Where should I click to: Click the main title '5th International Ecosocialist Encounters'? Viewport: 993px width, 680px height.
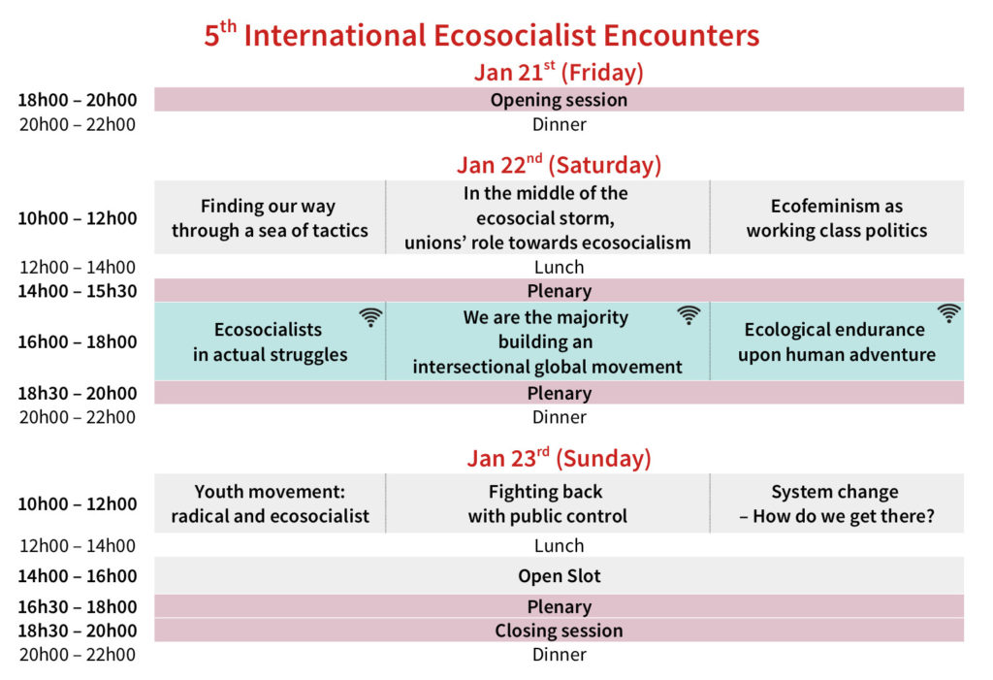481,34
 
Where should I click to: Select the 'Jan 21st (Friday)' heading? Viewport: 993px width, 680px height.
559,72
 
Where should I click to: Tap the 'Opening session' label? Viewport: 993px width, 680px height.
559,100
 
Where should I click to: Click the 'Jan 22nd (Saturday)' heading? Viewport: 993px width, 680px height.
559,165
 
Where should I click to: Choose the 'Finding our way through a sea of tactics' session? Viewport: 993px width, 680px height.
270,218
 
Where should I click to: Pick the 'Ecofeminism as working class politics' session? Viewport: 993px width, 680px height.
837,218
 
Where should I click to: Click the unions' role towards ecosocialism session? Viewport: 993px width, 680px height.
547,218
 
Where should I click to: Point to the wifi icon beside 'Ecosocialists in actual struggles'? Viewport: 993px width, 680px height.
370,317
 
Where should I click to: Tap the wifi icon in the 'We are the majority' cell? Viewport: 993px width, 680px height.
689,315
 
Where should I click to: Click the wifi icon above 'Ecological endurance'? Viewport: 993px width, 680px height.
949,313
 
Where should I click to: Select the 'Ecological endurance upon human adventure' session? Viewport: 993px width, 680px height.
837,342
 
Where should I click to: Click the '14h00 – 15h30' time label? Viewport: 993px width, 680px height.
78,291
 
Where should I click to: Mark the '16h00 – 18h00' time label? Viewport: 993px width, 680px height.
78,341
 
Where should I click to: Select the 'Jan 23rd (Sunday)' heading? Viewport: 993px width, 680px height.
559,458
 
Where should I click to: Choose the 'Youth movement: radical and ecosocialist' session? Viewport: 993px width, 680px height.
270,503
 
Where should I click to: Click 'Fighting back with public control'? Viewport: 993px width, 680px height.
547,503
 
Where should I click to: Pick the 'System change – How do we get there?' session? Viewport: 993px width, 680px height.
837,503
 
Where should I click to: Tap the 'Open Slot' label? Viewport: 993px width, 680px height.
559,575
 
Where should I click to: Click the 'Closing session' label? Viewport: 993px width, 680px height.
559,631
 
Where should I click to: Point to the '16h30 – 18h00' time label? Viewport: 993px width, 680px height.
78,606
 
